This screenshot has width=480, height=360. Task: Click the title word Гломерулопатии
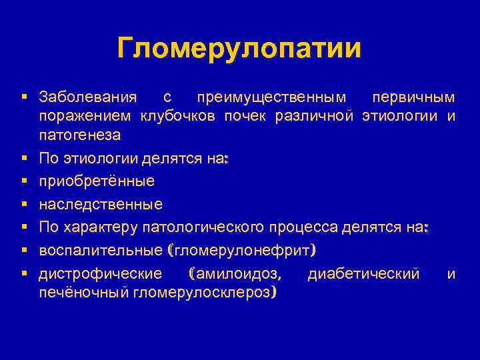click(x=239, y=49)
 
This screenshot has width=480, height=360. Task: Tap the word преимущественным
click(x=271, y=97)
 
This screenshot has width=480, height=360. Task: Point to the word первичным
click(x=413, y=97)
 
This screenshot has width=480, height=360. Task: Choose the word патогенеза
click(x=80, y=136)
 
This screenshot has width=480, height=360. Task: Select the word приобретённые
click(x=97, y=181)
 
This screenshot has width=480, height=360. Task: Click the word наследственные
click(x=101, y=204)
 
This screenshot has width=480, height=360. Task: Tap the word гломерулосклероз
click(x=205, y=292)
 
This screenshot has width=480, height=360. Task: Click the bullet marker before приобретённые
click(x=24, y=181)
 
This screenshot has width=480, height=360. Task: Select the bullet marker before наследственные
click(x=24, y=204)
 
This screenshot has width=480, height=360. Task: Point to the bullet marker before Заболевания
click(x=24, y=97)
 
